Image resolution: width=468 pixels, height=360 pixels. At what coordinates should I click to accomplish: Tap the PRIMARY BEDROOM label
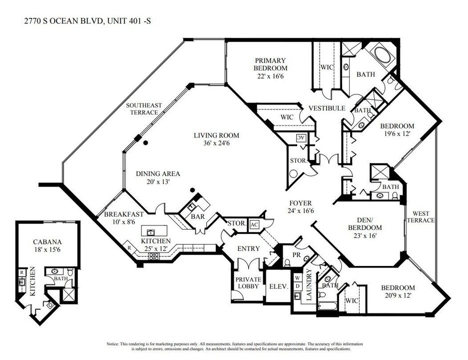[270, 64]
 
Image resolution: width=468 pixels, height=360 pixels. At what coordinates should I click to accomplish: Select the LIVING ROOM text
[217, 135]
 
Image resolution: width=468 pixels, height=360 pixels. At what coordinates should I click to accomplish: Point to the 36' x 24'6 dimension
[217, 143]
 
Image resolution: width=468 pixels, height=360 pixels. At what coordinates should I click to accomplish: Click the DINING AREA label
[158, 174]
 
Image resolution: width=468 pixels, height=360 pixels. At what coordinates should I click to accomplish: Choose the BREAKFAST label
[124, 214]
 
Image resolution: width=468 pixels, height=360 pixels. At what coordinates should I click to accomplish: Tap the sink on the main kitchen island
[150, 232]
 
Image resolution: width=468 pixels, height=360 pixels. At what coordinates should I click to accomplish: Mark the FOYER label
[301, 203]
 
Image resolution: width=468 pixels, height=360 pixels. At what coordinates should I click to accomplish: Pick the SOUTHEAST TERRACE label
[144, 108]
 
